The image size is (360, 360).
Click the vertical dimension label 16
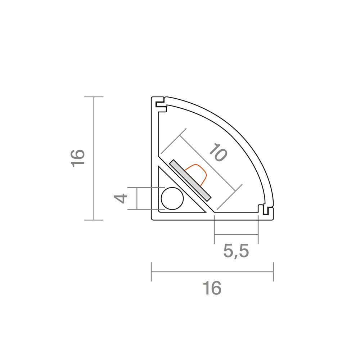pyautogui.click(x=78, y=158)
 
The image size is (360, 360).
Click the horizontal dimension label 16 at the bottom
pyautogui.click(x=212, y=288)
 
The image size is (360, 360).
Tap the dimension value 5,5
pyautogui.click(x=236, y=251)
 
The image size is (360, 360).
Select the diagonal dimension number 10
pyautogui.click(x=218, y=152)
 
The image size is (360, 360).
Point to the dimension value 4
pyautogui.click(x=121, y=198)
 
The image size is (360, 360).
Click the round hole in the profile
pyautogui.click(x=172, y=198)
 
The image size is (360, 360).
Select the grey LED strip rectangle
pyautogui.click(x=190, y=180)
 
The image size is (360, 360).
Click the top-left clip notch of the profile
pyautogui.click(x=161, y=104)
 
